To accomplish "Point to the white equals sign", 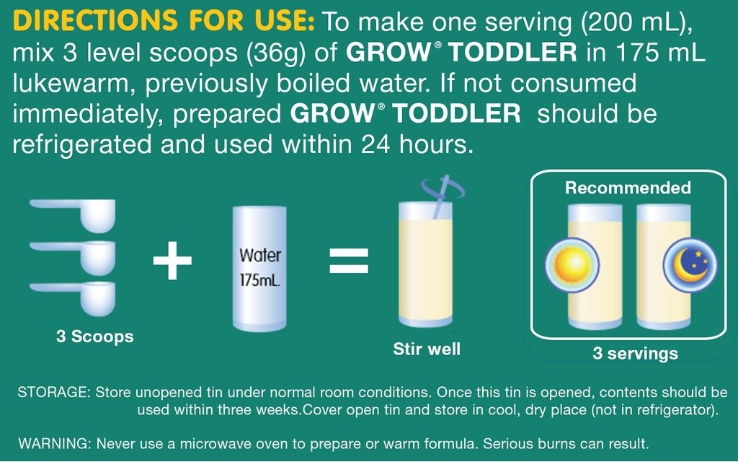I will (x=349, y=262).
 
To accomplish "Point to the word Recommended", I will (x=628, y=188).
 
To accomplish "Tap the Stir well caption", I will (x=427, y=349).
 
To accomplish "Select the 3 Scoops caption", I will (x=95, y=336).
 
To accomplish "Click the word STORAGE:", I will (x=53, y=393).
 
